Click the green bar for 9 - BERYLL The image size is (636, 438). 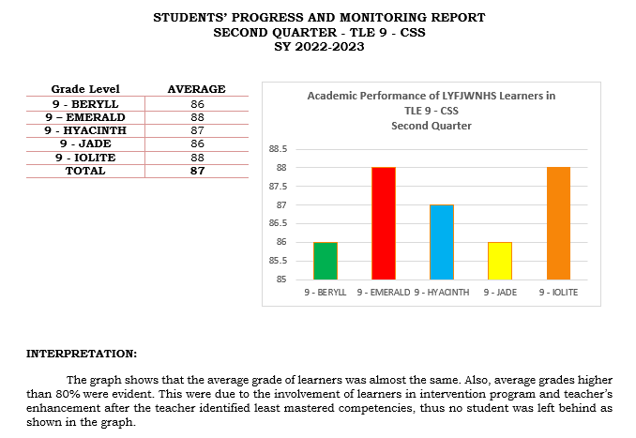pyautogui.click(x=326, y=261)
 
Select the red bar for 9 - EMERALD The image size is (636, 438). pyautogui.click(x=383, y=223)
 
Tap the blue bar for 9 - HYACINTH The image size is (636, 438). pyautogui.click(x=441, y=242)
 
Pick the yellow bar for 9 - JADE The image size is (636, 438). pyautogui.click(x=499, y=261)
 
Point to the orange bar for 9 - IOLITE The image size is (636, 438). pyautogui.click(x=557, y=223)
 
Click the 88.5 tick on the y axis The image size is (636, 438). pyautogui.click(x=279, y=149)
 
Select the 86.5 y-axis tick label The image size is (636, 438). pyautogui.click(x=279, y=223)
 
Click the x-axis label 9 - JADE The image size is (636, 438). pyautogui.click(x=499, y=293)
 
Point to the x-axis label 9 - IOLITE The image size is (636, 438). pyautogui.click(x=557, y=293)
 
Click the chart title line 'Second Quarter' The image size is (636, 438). pyautogui.click(x=431, y=126)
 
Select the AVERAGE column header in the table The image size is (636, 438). pyautogui.click(x=196, y=89)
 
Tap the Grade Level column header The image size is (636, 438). pyautogui.click(x=85, y=89)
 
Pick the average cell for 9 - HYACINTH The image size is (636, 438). pyautogui.click(x=197, y=130)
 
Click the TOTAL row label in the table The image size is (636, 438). pyautogui.click(x=85, y=171)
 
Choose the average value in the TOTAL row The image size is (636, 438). pyautogui.click(x=197, y=171)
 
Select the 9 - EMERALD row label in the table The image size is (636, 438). pyautogui.click(x=85, y=116)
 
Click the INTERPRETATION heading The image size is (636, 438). pyautogui.click(x=81, y=355)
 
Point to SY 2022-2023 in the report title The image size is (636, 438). pyautogui.click(x=318, y=46)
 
